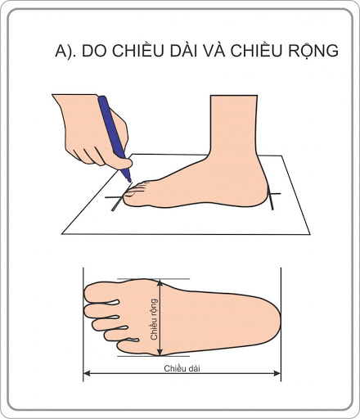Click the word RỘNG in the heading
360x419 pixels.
(313, 51)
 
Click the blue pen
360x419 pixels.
(114, 137)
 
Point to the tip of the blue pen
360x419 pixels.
(130, 181)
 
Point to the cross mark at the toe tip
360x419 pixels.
(117, 198)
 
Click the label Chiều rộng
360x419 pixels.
(155, 319)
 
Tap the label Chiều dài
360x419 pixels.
(182, 368)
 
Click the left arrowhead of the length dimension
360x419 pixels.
(87, 373)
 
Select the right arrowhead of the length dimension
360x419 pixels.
(277, 373)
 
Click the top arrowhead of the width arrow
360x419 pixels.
(160, 282)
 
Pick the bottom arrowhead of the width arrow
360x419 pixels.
(160, 352)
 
